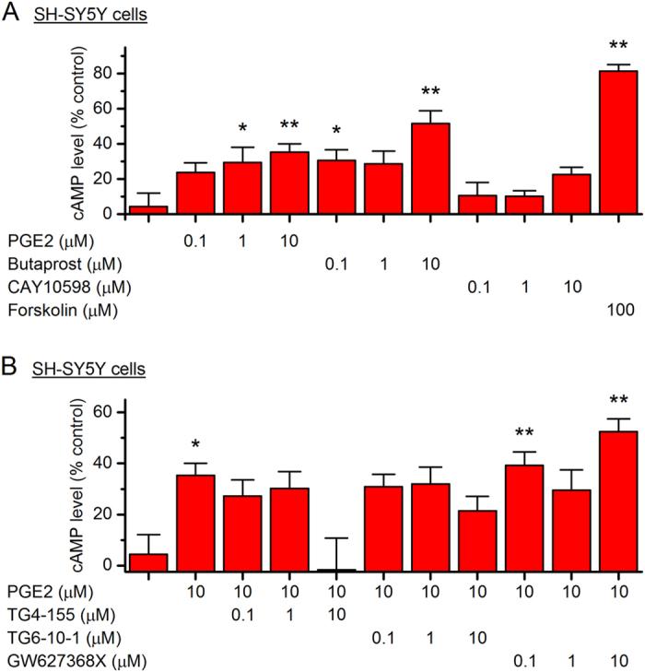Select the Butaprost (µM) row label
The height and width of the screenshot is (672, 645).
pos(55,262)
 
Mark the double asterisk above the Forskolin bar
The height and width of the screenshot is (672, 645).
pos(618,46)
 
